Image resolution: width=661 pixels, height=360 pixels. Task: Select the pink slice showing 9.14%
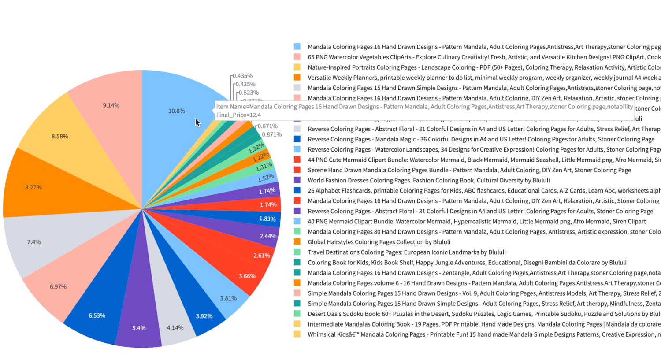coord(111,105)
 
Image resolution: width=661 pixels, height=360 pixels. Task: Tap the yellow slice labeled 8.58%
coord(60,137)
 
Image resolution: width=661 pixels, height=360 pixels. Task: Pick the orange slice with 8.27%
coord(33,188)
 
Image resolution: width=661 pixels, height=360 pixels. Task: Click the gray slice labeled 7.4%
coord(34,242)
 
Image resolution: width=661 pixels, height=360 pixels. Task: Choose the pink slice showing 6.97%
coord(58,287)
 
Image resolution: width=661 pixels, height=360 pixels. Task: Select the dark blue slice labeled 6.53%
coord(97,315)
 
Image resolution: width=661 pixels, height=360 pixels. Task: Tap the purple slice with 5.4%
coord(139,328)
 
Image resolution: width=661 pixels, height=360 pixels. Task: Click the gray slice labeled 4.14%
coord(175,328)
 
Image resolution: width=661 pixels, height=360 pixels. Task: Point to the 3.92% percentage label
coord(204,316)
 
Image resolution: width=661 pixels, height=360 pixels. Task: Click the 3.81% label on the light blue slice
coord(228,298)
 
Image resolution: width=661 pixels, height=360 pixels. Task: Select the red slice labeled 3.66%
coord(247,276)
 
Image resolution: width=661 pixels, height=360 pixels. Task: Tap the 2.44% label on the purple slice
coord(268,236)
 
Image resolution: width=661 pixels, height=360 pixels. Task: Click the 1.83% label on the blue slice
coord(267,219)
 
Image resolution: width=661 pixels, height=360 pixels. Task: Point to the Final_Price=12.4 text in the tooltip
coord(238,115)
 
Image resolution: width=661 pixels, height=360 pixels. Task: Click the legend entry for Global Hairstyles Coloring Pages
coord(379,242)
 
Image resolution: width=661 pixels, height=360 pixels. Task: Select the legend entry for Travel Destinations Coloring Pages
coord(406,252)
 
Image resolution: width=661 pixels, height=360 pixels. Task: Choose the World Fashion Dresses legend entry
coord(428,180)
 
